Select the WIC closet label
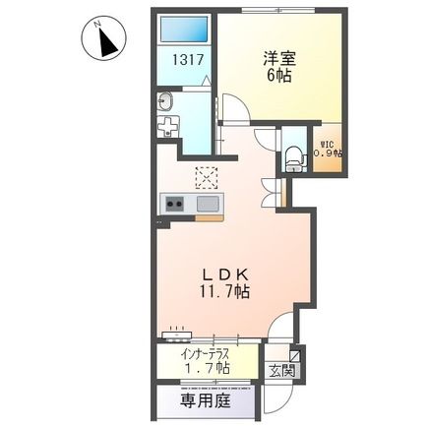click(327, 141)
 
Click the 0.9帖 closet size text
click(328, 153)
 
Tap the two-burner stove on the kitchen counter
click(174, 204)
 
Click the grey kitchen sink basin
click(209, 204)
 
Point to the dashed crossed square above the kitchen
click(207, 176)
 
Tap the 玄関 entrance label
click(283, 371)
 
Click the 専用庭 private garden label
click(204, 401)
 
